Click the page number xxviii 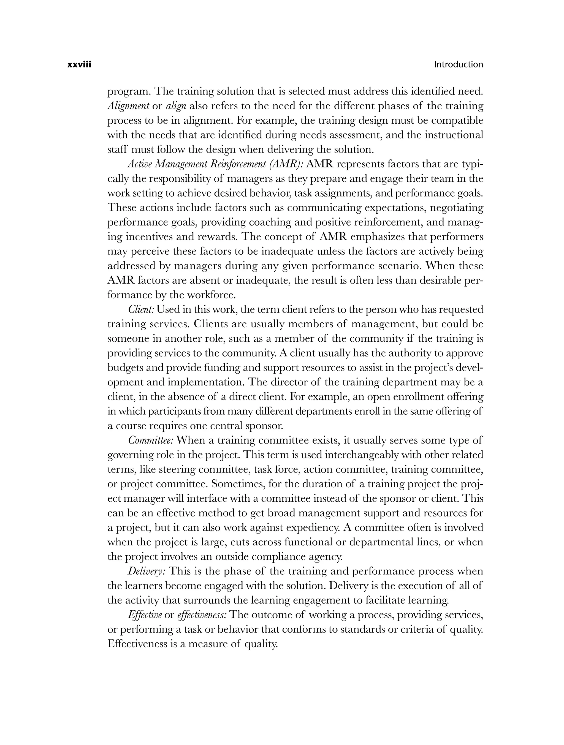[80, 65]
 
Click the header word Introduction [458, 65]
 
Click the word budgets [126, 368]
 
